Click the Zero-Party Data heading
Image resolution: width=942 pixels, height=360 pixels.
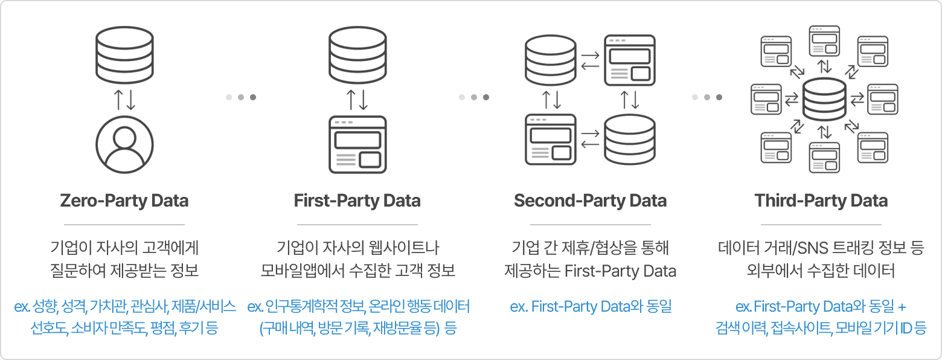click(124, 201)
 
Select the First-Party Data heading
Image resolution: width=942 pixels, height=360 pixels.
click(357, 201)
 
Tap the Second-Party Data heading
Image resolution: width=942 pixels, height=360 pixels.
click(590, 201)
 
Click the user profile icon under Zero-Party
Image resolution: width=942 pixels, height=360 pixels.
click(124, 141)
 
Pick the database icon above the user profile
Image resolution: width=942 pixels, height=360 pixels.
click(124, 51)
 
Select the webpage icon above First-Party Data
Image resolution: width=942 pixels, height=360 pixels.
click(357, 144)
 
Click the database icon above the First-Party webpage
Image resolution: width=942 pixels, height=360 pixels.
click(357, 51)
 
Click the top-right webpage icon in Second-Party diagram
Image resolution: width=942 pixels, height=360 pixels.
click(630, 60)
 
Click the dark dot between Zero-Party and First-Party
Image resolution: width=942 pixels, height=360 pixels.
click(253, 97)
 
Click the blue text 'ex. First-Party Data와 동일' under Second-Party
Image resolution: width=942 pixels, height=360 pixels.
click(590, 306)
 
